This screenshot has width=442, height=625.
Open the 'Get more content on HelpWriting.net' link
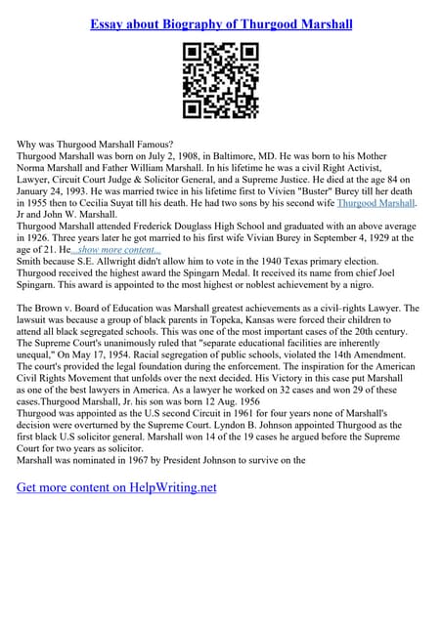[x=116, y=486]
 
